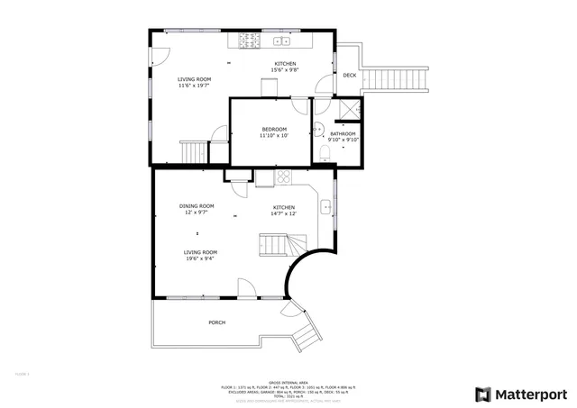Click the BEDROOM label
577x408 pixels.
tap(273, 129)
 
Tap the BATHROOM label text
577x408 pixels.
tap(343, 134)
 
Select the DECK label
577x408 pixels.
tap(349, 75)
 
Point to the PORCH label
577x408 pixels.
tap(216, 322)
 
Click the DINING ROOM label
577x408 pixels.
tap(197, 205)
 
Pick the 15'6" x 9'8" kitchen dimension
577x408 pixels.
tap(285, 70)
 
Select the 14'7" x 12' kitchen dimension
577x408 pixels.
tap(285, 213)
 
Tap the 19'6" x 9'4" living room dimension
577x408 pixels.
tap(200, 258)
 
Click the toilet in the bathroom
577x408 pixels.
tap(325, 150)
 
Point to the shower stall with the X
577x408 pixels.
tap(347, 111)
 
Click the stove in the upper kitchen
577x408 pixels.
tap(247, 41)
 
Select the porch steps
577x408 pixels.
tap(305, 336)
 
